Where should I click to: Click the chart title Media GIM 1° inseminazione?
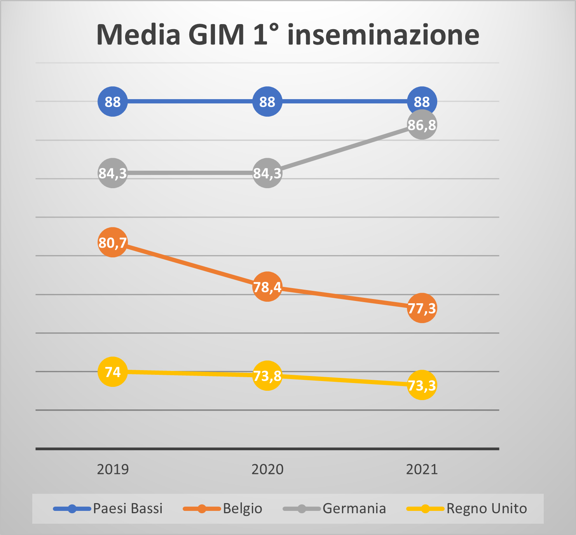[288, 35]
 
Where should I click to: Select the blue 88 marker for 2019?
[113, 101]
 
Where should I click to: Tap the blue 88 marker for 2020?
[267, 101]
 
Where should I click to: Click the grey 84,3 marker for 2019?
[113, 173]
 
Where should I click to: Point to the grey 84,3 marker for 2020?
[267, 173]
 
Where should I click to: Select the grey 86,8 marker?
[422, 125]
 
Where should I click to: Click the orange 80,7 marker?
[113, 242]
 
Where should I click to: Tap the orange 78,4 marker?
[267, 287]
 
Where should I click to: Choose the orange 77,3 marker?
[422, 308]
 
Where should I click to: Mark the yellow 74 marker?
[113, 372]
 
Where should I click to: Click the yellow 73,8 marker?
[267, 376]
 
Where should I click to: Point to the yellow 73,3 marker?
[422, 385]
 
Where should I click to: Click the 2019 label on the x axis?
[113, 469]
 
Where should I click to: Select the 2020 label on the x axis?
[267, 469]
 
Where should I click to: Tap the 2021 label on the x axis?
[422, 469]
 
